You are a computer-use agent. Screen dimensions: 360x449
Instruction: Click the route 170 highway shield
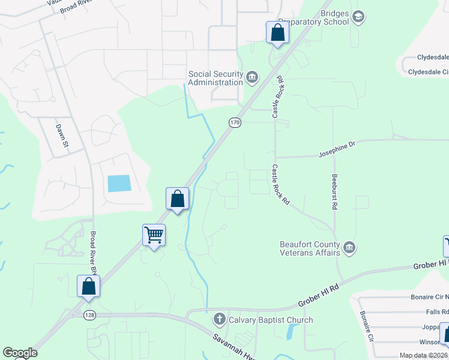(235, 122)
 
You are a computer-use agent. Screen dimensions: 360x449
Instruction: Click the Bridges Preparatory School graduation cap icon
(358, 16)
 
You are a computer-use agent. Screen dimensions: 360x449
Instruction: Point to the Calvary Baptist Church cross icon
(220, 319)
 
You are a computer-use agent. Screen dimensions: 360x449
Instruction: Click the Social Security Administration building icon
(252, 76)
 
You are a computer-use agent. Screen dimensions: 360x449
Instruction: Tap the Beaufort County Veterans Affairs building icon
(349, 247)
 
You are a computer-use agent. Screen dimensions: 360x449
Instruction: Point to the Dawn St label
(61, 136)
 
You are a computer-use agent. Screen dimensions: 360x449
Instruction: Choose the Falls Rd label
(437, 312)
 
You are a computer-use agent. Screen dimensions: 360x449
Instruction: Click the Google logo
(20, 353)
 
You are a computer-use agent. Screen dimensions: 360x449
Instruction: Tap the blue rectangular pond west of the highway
(118, 184)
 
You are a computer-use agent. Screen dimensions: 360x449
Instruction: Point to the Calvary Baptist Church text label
(271, 320)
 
